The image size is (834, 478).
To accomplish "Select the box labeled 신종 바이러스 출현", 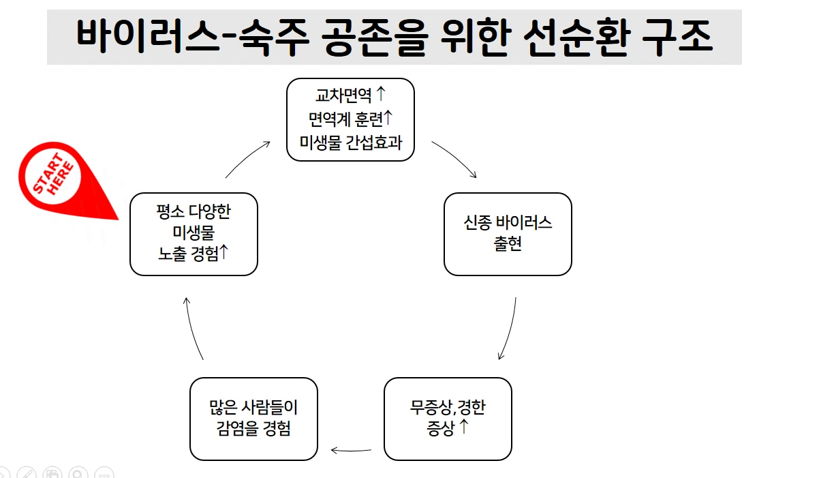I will point(508,234).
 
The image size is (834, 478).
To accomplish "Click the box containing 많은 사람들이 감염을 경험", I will point(253,419).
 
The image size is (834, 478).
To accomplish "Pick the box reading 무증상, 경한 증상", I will point(448,419).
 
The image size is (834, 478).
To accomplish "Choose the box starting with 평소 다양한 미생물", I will point(194,234).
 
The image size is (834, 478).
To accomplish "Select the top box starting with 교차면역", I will point(350,119).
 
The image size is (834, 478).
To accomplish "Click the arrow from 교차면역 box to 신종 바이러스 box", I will point(454,159).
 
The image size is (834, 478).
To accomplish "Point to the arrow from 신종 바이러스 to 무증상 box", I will point(509,329).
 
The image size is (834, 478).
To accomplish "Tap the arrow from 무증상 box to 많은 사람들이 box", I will point(352,450).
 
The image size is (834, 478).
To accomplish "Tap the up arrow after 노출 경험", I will point(224,252).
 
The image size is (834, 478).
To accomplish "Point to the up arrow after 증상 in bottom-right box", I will point(464,428).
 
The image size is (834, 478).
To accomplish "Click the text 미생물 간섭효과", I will point(350,142).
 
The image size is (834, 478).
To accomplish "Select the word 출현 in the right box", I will point(508,243).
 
